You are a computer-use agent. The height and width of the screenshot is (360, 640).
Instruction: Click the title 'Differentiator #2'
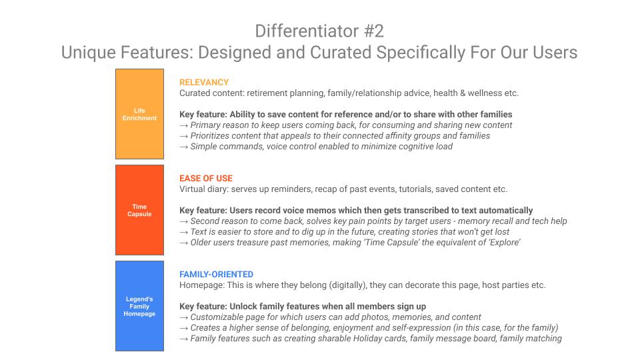tap(319, 31)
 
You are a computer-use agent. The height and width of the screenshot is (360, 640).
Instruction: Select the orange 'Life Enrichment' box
tap(139, 114)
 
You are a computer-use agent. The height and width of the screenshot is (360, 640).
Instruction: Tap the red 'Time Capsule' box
tap(139, 210)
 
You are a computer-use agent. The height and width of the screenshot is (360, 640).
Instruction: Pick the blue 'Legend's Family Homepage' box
tap(139, 306)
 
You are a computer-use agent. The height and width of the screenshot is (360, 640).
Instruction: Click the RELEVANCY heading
tap(204, 83)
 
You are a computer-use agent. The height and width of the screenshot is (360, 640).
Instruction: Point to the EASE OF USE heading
tap(206, 179)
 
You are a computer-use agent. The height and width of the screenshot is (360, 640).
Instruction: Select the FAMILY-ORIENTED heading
tap(216, 274)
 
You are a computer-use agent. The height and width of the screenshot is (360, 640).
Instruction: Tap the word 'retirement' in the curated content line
tap(267, 93)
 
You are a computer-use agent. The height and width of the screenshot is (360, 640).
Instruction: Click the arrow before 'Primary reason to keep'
tap(184, 125)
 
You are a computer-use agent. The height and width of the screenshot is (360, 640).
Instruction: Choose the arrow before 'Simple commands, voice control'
tap(184, 147)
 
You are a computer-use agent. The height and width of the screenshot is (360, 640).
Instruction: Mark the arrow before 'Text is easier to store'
tap(184, 232)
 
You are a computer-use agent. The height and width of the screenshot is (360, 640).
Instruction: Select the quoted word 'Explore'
tap(505, 243)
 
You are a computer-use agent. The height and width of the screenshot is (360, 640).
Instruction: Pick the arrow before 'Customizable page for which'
tap(184, 317)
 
